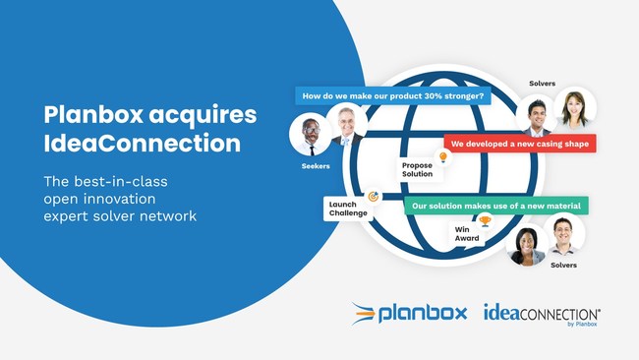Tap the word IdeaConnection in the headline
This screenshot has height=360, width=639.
click(x=142, y=144)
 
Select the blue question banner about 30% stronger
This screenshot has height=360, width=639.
click(x=393, y=96)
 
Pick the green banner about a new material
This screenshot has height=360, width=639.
click(x=496, y=206)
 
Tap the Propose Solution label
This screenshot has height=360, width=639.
click(x=418, y=169)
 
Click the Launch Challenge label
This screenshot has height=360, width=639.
click(x=348, y=209)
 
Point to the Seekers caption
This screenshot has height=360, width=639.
click(x=315, y=166)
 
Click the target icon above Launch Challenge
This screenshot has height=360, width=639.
click(x=373, y=196)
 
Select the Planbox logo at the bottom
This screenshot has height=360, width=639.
click(x=403, y=314)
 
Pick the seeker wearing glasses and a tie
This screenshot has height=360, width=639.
click(x=310, y=135)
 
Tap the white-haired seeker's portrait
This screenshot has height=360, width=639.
click(x=345, y=123)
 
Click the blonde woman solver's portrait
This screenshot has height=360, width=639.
click(x=574, y=109)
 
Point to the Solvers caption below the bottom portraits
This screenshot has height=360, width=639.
click(x=563, y=265)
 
